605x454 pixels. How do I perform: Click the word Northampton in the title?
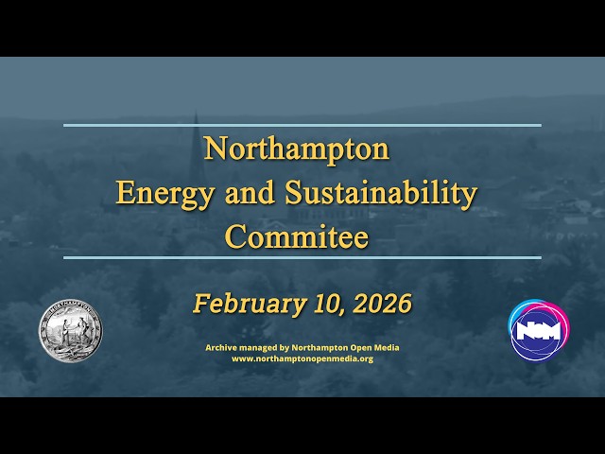[296, 149]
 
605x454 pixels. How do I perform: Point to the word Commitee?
[296, 236]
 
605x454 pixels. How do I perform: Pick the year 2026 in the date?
[381, 304]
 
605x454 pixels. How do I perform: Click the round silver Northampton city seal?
[70, 331]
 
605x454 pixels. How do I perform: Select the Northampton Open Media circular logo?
[536, 331]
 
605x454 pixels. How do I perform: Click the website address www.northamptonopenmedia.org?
[302, 359]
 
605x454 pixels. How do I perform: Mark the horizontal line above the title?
[302, 125]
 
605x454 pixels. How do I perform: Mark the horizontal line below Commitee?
[302, 257]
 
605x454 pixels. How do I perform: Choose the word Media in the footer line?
[386, 348]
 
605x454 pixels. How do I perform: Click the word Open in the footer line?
[358, 348]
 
